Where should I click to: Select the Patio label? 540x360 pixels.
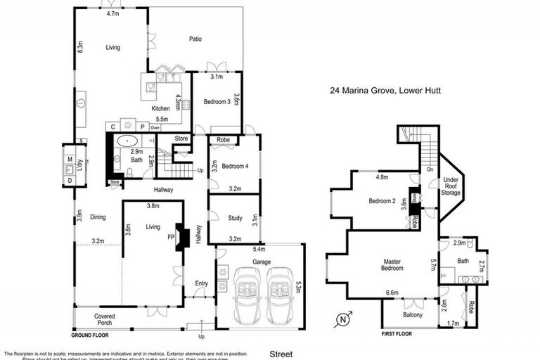(x=195, y=39)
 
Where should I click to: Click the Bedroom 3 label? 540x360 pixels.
(x=217, y=102)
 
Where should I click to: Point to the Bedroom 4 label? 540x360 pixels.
(x=233, y=166)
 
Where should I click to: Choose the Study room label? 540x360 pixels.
(x=235, y=218)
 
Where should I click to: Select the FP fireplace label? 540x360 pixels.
(x=170, y=237)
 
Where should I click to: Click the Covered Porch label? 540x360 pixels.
(x=104, y=321)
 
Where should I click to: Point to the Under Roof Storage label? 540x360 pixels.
(x=451, y=186)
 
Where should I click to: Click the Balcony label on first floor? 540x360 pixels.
(x=413, y=315)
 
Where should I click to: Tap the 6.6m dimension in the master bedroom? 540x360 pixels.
(x=392, y=292)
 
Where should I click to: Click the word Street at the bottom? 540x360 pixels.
(x=281, y=354)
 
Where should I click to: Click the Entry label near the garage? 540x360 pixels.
(x=202, y=283)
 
